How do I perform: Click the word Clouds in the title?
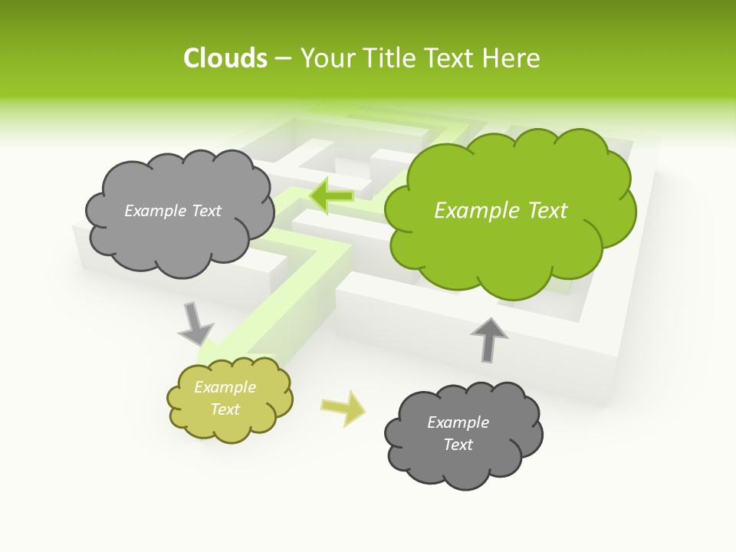(x=225, y=58)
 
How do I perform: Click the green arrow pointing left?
(x=332, y=196)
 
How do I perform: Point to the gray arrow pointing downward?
(x=195, y=323)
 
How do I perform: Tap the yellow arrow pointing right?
(x=343, y=408)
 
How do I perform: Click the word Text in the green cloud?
(x=546, y=211)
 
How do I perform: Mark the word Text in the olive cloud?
(x=225, y=409)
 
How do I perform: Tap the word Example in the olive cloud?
(x=225, y=387)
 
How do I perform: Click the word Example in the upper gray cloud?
(x=156, y=211)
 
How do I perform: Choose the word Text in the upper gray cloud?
(x=206, y=211)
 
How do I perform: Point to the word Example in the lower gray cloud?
(x=458, y=422)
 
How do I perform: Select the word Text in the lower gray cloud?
(x=458, y=445)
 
